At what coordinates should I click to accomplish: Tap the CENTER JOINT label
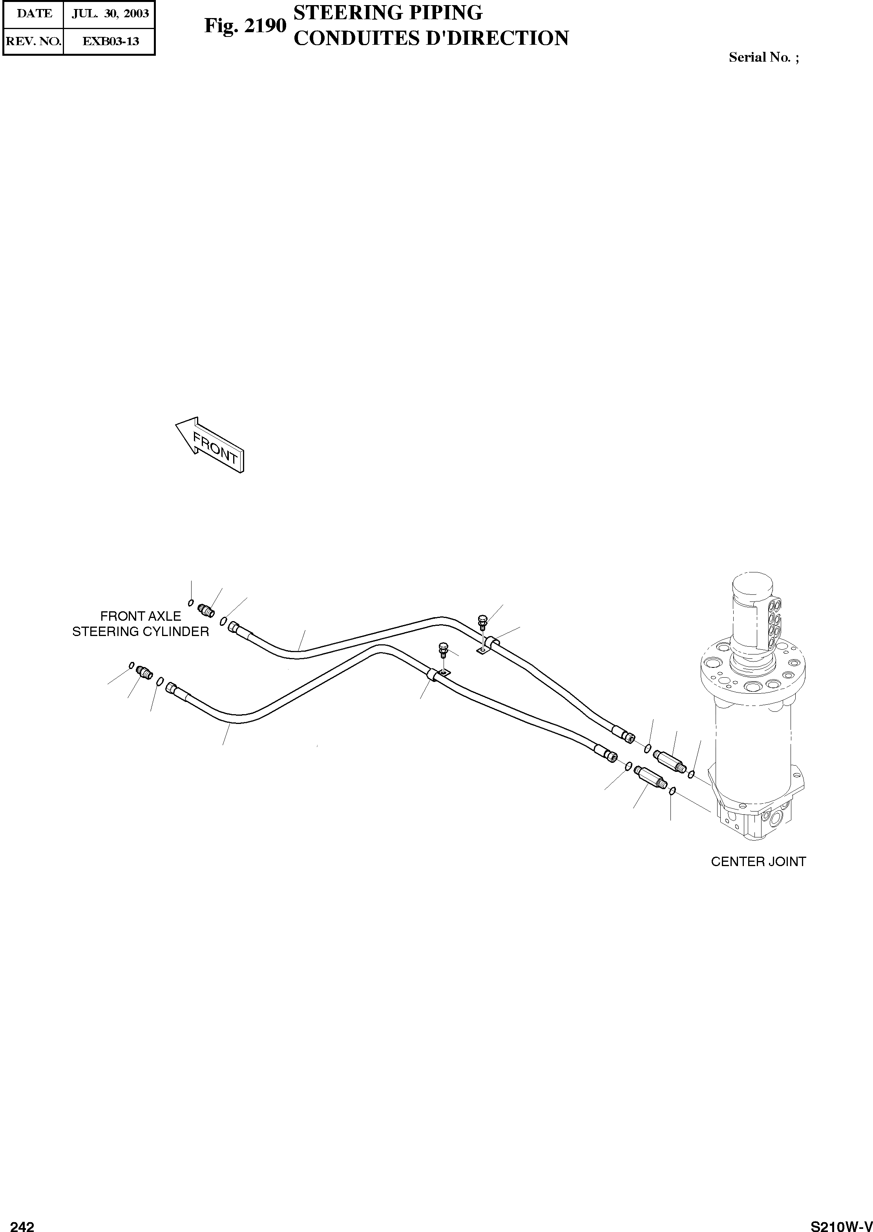(x=758, y=862)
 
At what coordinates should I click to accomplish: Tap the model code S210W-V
(x=841, y=1222)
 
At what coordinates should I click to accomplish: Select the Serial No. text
(x=763, y=57)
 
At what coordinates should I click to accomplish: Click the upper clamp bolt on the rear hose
(x=482, y=622)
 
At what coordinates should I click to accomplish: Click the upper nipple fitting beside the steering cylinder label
(x=206, y=610)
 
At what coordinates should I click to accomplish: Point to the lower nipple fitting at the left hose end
(x=144, y=672)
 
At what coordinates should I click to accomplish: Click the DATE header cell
(x=34, y=13)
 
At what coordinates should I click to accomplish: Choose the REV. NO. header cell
(x=33, y=41)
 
